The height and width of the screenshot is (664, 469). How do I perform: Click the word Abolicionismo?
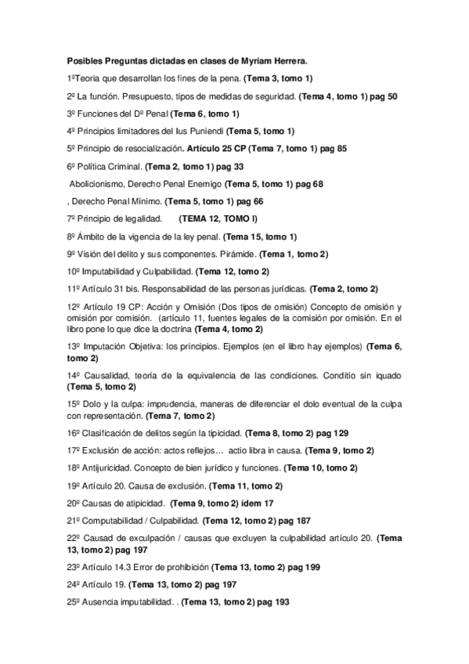click(98, 183)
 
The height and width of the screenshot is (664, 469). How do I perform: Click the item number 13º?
click(74, 346)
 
